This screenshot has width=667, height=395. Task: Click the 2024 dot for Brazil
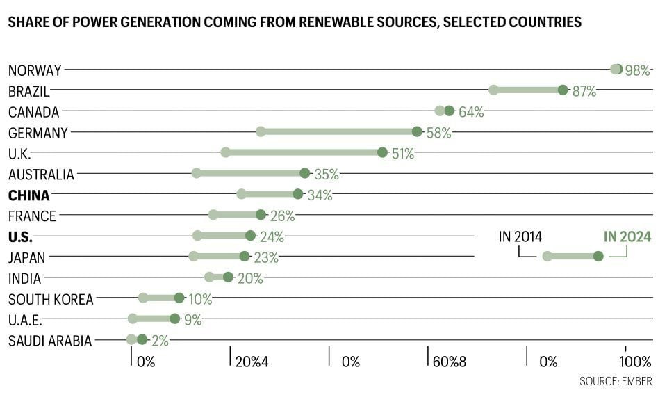click(x=563, y=90)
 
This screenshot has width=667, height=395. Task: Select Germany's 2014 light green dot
click(x=261, y=131)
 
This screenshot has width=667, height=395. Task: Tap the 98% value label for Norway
click(x=637, y=70)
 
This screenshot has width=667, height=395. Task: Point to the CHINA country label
click(x=29, y=195)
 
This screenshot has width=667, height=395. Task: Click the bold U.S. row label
click(x=20, y=237)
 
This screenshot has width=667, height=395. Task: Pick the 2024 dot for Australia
click(x=304, y=172)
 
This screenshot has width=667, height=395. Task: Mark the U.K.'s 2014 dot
click(x=225, y=152)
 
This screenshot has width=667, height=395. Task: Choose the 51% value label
click(x=403, y=154)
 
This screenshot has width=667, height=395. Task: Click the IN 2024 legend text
click(x=627, y=236)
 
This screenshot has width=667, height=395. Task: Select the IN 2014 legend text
click(x=520, y=236)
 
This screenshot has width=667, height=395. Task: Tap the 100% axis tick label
click(x=635, y=362)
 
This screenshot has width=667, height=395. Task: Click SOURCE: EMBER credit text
click(x=616, y=381)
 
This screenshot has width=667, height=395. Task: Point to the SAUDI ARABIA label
click(x=50, y=341)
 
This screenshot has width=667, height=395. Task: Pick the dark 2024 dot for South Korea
click(x=179, y=298)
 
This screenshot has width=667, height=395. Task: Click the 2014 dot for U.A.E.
click(x=133, y=319)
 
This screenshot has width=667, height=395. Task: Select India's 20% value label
click(x=250, y=278)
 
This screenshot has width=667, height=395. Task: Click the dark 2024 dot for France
click(x=261, y=215)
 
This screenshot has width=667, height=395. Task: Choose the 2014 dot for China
click(x=241, y=194)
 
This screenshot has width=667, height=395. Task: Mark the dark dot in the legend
click(x=598, y=256)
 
